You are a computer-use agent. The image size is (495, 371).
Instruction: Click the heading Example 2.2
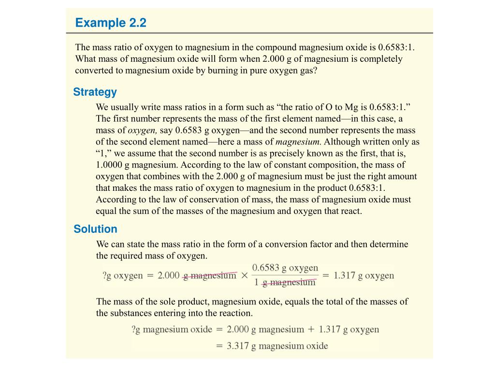[110, 23]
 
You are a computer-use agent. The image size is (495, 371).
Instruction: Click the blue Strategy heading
[95, 92]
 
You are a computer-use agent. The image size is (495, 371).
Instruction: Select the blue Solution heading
[95, 229]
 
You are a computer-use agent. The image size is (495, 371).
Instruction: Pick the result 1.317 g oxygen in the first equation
[364, 276]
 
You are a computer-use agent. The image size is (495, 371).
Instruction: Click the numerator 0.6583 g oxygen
[285, 268]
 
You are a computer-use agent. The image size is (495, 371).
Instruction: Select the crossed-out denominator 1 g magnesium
[285, 283]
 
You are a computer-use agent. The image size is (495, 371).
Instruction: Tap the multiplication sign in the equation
[244, 276]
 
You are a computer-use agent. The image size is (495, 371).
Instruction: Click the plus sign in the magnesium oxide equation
[311, 330]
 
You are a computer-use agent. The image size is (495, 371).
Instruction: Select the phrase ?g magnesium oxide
[172, 330]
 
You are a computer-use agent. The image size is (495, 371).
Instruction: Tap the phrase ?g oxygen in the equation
[122, 276]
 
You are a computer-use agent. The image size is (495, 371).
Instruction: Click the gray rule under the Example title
[249, 33]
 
